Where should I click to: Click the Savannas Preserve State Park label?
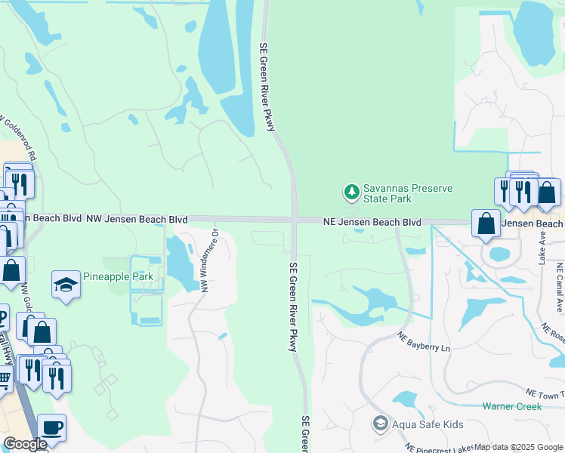(386, 193)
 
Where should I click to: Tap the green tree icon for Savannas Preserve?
(351, 193)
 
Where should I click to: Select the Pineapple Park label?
(118, 276)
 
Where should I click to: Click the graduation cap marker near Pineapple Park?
(66, 285)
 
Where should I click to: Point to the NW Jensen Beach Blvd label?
(137, 219)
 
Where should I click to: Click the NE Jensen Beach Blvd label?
(372, 223)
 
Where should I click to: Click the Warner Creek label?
(512, 406)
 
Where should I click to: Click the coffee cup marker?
(51, 427)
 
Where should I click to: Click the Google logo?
(25, 444)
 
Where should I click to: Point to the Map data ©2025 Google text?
(518, 447)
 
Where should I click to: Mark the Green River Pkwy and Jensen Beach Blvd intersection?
(295, 220)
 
